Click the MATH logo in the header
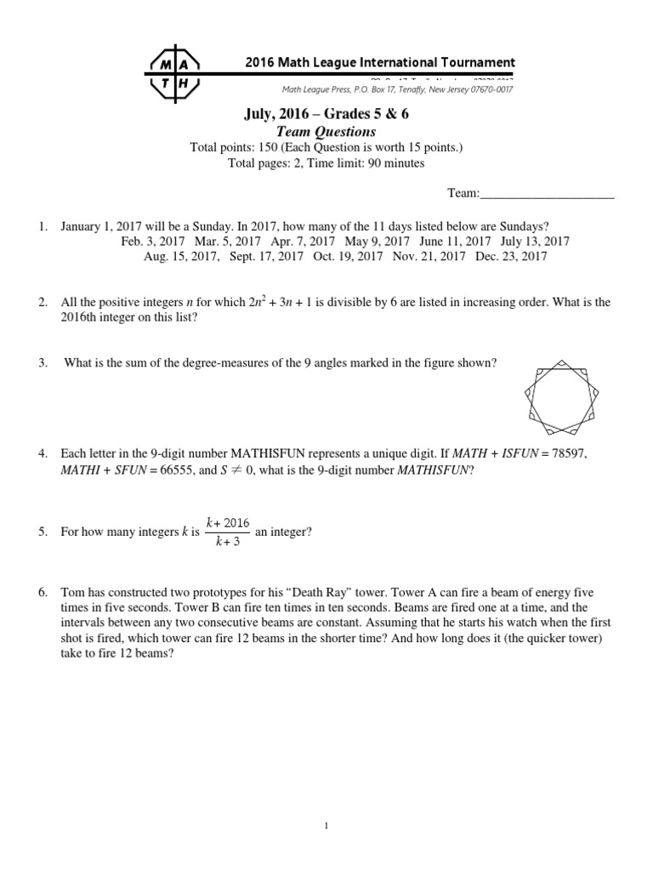(x=175, y=73)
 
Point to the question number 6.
(x=43, y=591)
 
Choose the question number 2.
(x=43, y=303)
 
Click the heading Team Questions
(x=326, y=132)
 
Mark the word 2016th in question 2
(x=82, y=317)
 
